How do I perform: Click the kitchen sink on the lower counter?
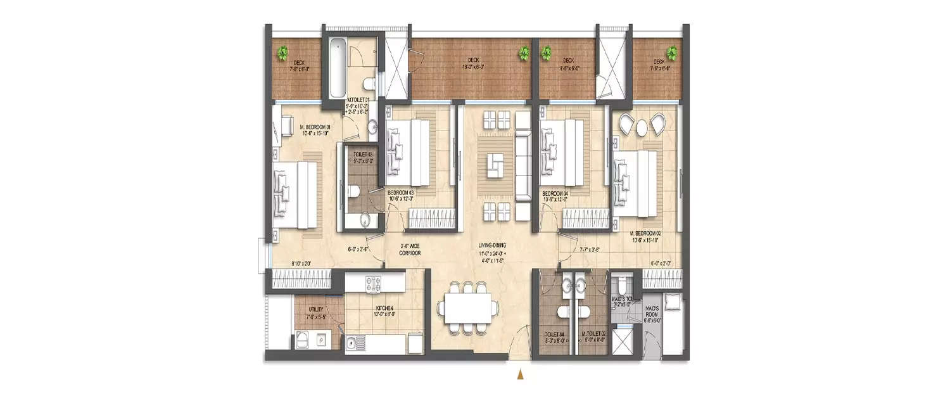click(x=353, y=344)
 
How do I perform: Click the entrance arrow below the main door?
click(x=521, y=375)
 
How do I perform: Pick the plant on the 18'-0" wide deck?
click(x=524, y=54)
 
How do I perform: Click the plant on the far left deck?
click(x=284, y=53)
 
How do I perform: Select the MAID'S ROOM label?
click(x=652, y=312)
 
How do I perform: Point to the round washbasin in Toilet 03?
click(x=365, y=220)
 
